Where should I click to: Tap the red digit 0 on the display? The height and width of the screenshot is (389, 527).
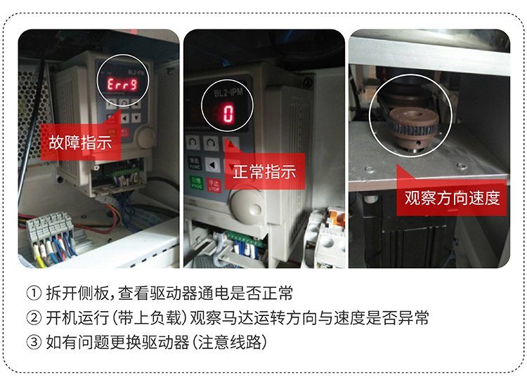(x=228, y=112)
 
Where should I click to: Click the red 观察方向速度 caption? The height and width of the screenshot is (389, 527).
(x=452, y=197)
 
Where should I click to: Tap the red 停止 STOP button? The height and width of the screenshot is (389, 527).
(x=215, y=184)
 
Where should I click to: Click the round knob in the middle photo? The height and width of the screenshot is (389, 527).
(x=247, y=209)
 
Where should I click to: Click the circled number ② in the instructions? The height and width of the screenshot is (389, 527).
(x=32, y=319)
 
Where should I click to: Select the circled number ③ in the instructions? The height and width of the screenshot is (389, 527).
(x=32, y=344)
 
